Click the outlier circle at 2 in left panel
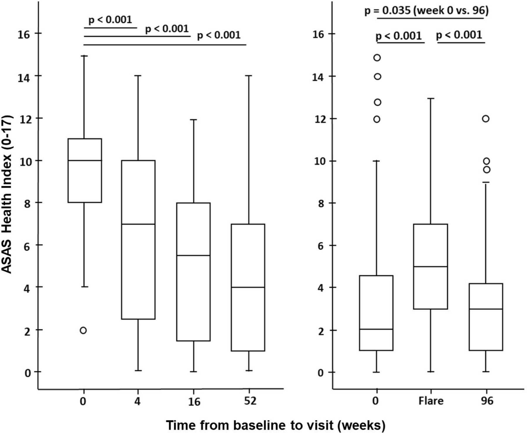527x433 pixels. click(83, 330)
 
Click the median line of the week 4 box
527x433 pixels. click(138, 224)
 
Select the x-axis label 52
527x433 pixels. click(250, 400)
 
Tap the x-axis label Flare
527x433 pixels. click(431, 400)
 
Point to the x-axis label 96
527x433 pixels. click(487, 400)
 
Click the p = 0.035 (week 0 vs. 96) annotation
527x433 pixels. click(426, 11)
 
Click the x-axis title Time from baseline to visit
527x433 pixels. click(276, 425)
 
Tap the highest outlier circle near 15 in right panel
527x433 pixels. click(377, 57)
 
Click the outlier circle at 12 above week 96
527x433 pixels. click(485, 119)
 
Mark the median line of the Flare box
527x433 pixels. click(430, 266)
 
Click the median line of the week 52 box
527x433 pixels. click(248, 287)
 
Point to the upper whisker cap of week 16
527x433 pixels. click(193, 120)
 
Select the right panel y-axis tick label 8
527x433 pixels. click(321, 203)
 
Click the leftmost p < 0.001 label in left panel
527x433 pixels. click(110, 20)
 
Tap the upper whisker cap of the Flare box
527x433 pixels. click(430, 99)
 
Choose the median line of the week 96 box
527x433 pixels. click(486, 309)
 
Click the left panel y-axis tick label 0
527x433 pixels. click(28, 373)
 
